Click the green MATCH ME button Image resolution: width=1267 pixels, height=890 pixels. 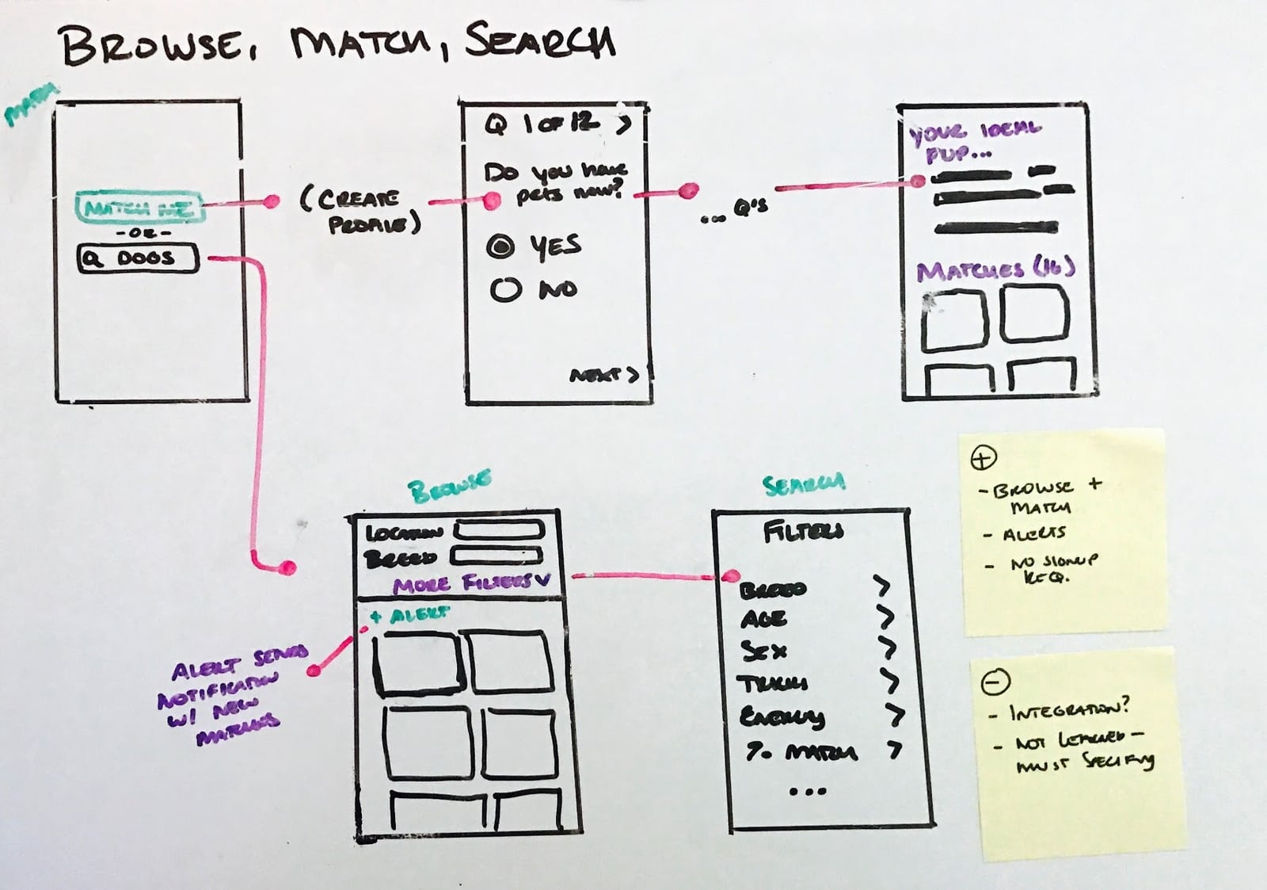click(139, 208)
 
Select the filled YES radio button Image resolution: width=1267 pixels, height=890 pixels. click(500, 246)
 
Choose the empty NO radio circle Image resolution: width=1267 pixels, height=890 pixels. click(505, 290)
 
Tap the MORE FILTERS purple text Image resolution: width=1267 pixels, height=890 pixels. click(470, 584)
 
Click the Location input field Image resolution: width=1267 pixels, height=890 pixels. click(497, 530)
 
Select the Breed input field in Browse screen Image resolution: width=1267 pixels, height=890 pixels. click(496, 556)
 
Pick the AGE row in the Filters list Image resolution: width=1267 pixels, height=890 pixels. click(763, 619)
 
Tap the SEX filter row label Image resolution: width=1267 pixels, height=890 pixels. click(763, 651)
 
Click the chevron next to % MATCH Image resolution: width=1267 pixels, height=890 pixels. click(895, 750)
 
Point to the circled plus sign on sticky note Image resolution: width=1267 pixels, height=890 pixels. click(983, 457)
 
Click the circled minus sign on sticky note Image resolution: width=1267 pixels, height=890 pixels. click(995, 681)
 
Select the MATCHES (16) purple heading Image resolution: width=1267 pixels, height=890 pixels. click(995, 270)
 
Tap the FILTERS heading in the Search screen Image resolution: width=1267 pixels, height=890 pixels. click(803, 532)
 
